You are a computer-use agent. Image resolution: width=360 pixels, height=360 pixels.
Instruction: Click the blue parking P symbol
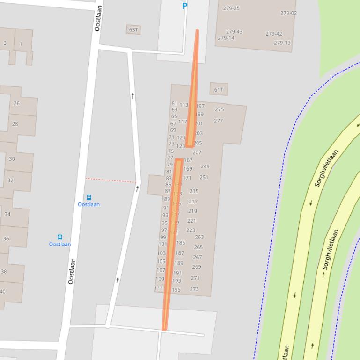(184, 6)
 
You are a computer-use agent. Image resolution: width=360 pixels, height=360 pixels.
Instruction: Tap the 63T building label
(133, 30)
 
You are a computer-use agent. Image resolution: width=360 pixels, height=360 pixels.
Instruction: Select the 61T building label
(219, 90)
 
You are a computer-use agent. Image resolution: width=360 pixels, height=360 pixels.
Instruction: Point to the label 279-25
(231, 8)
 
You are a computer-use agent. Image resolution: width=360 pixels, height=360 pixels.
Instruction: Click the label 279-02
(288, 13)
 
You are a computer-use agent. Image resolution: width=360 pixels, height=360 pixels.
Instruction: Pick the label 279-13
(282, 43)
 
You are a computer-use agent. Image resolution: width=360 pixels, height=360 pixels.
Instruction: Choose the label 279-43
(234, 32)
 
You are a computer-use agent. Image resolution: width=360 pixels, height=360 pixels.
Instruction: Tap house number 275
(219, 109)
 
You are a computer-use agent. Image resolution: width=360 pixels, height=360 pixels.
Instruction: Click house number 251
(204, 177)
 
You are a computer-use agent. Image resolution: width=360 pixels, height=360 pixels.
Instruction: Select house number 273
(194, 289)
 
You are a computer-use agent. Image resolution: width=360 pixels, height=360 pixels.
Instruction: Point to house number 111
(159, 288)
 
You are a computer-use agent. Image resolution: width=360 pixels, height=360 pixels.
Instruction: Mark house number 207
(197, 152)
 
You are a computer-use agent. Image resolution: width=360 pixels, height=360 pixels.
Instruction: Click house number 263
(199, 237)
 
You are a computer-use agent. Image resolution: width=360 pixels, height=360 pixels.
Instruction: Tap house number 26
(17, 103)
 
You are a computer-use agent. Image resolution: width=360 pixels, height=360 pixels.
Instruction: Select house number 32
(10, 180)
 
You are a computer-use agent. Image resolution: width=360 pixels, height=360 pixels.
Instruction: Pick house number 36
(6, 238)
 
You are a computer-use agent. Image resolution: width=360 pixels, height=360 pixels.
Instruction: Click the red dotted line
(111, 180)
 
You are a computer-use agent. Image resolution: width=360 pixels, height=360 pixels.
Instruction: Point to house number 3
(5, 43)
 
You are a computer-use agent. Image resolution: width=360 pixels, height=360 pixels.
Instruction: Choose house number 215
(194, 191)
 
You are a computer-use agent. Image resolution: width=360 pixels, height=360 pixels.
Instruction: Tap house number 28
(15, 124)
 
